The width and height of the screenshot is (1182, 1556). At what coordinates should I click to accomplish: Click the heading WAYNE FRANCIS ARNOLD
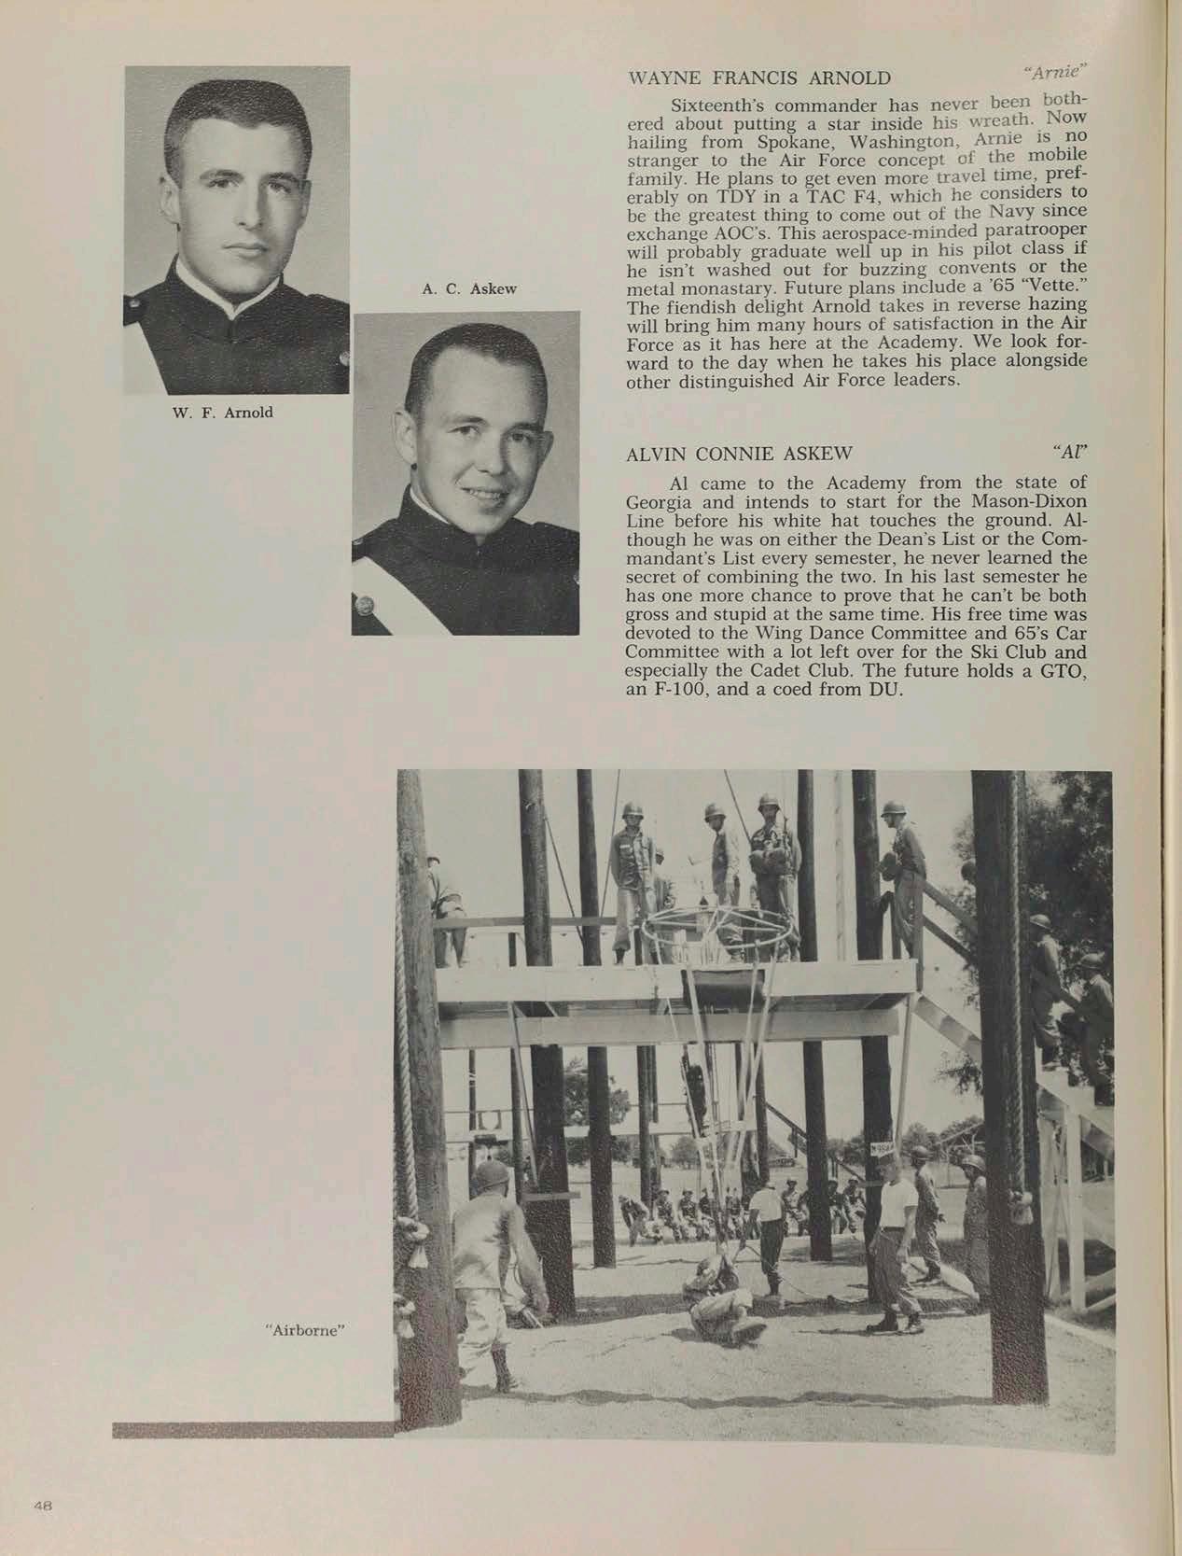click(x=760, y=77)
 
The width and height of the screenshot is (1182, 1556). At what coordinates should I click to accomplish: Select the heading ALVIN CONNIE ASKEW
click(x=742, y=454)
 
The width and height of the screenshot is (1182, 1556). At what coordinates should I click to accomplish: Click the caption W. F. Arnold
click(x=224, y=412)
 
